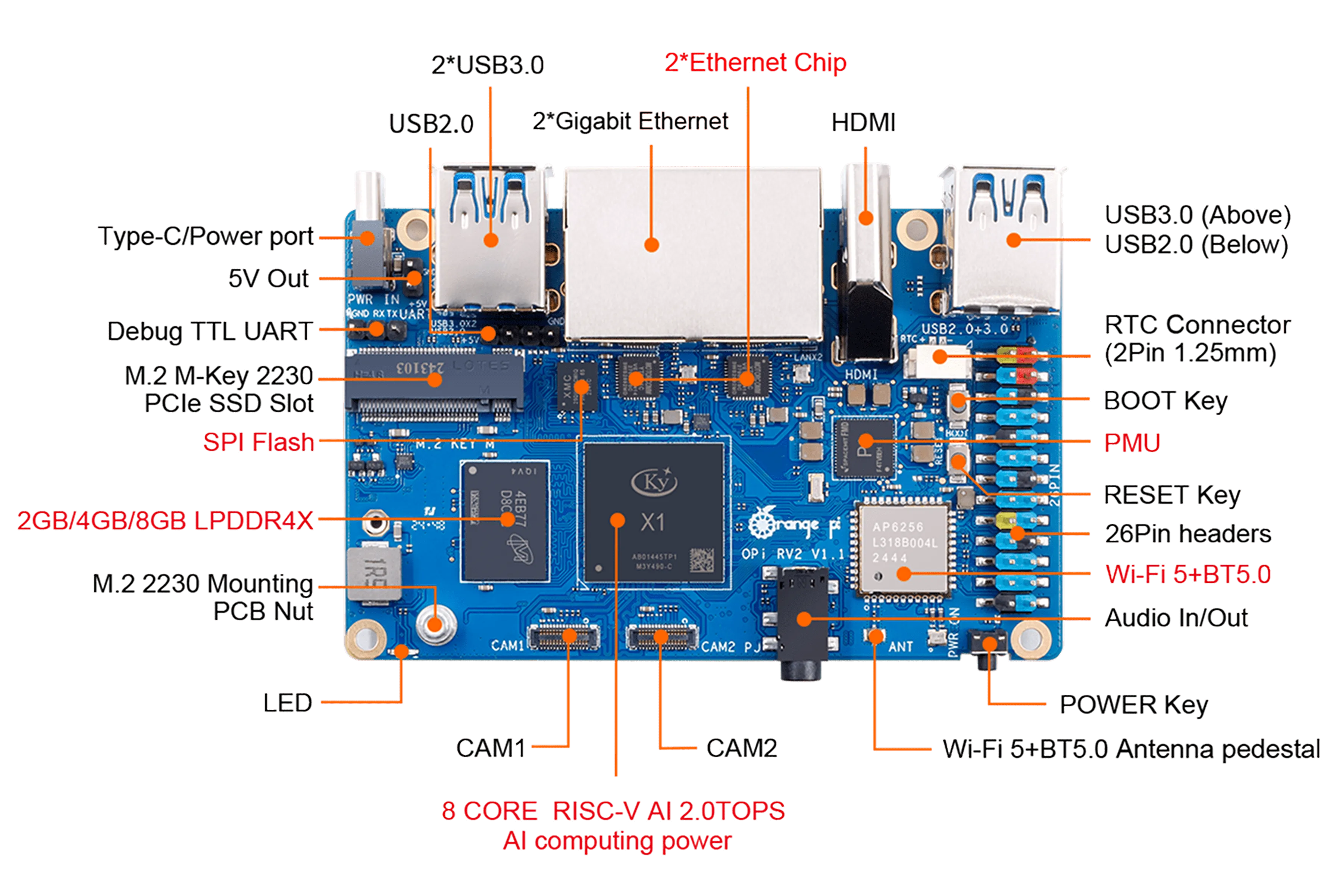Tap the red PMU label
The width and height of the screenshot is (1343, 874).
click(x=1131, y=442)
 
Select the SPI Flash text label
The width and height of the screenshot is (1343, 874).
click(x=259, y=442)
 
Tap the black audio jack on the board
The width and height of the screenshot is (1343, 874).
click(x=801, y=618)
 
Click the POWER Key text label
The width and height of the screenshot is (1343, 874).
click(x=1134, y=704)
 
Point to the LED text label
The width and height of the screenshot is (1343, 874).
click(x=287, y=703)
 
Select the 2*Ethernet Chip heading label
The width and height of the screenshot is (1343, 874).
click(x=755, y=63)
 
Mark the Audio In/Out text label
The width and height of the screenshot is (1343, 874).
click(x=1177, y=618)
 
